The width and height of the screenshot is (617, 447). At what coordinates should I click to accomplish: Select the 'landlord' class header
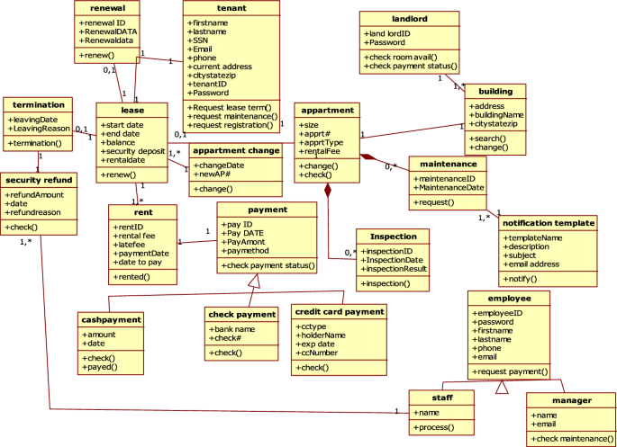pyautogui.click(x=410, y=17)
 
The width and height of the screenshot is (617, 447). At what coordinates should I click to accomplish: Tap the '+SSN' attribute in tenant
pyautogui.click(x=201, y=40)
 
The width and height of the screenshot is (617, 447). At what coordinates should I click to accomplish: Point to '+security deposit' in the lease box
pyautogui.click(x=132, y=150)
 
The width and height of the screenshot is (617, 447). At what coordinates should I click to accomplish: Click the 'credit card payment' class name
pyautogui.click(x=340, y=311)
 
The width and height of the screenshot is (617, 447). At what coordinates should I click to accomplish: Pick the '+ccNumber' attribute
pyautogui.click(x=319, y=353)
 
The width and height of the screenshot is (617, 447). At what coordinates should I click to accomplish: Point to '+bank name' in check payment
pyautogui.click(x=231, y=330)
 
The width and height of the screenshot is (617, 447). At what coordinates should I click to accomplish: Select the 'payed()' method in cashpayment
pyautogui.click(x=102, y=367)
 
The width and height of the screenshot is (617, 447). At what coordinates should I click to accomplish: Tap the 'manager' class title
pyautogui.click(x=571, y=400)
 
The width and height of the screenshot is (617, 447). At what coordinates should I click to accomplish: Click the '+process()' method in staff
pyautogui.click(x=434, y=427)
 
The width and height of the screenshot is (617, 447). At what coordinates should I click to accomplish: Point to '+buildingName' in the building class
pyautogui.click(x=495, y=115)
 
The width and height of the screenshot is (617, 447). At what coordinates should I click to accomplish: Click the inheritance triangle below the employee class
pyautogui.click(x=503, y=388)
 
